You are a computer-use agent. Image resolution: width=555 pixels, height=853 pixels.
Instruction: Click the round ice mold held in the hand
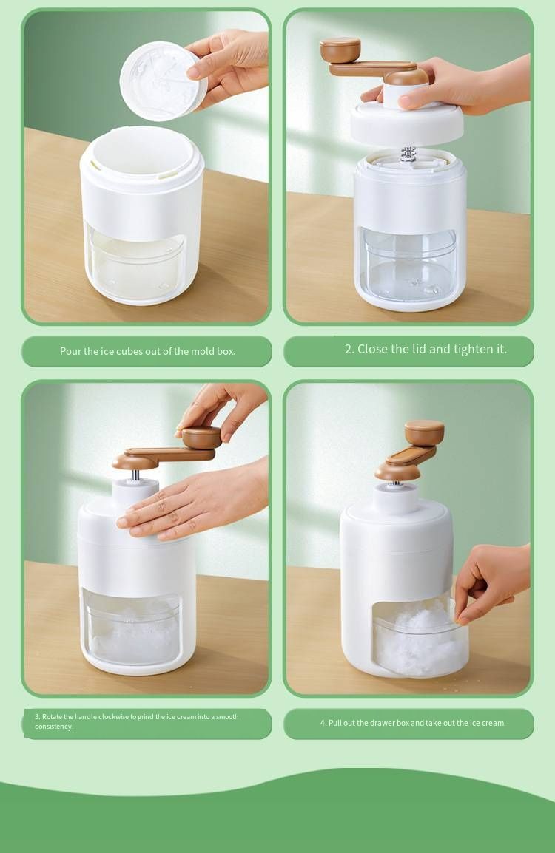163,81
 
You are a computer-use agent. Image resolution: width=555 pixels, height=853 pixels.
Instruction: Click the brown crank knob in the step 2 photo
340,50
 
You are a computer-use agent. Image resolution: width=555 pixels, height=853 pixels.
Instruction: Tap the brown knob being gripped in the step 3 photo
201,438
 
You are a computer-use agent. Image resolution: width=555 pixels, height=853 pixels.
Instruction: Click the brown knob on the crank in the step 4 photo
424,432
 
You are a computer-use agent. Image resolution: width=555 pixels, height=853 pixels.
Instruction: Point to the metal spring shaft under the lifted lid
408,154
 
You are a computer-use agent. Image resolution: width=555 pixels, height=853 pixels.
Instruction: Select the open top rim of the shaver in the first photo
141,152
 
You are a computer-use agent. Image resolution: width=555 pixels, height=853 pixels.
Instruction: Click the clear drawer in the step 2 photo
409,264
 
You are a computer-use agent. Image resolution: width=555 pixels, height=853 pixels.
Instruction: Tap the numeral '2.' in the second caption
349,349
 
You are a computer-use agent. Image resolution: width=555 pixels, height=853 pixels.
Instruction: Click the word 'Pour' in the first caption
71,351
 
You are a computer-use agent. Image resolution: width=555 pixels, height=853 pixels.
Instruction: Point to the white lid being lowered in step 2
407,123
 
